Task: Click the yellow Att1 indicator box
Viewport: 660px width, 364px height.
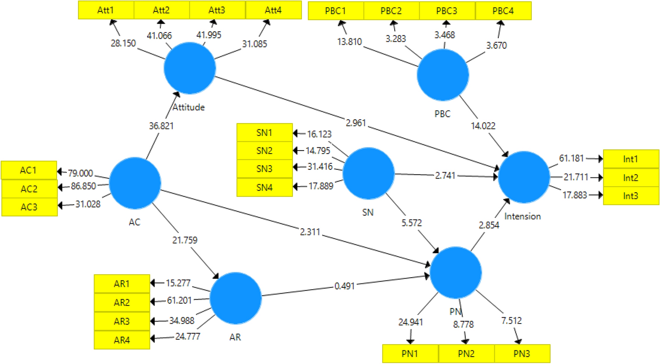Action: (x=106, y=10)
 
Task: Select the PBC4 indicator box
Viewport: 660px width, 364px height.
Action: (x=503, y=11)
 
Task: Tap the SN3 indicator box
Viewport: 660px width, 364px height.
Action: (x=265, y=169)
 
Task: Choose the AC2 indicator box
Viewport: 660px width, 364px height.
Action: (x=29, y=189)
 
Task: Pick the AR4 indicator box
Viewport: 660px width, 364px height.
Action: (x=122, y=340)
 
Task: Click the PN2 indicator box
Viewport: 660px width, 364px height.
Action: (x=466, y=353)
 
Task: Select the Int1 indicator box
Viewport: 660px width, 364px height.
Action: (x=631, y=159)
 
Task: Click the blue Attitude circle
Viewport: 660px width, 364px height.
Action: (x=190, y=68)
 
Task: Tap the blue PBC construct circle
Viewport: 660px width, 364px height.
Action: (x=442, y=75)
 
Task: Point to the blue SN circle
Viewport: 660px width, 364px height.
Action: (x=368, y=173)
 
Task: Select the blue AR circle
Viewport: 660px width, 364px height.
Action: (x=236, y=298)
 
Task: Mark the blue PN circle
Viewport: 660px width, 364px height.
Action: (x=456, y=272)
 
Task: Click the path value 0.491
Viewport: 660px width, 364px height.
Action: (x=345, y=286)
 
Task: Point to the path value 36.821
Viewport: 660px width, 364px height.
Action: (x=161, y=126)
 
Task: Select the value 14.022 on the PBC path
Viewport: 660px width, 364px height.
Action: (x=483, y=126)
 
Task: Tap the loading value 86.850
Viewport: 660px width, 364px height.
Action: (x=83, y=186)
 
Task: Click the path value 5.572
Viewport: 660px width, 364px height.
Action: (x=411, y=223)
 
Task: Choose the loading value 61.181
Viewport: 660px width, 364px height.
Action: (x=571, y=158)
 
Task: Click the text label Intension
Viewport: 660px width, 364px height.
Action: (x=522, y=216)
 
